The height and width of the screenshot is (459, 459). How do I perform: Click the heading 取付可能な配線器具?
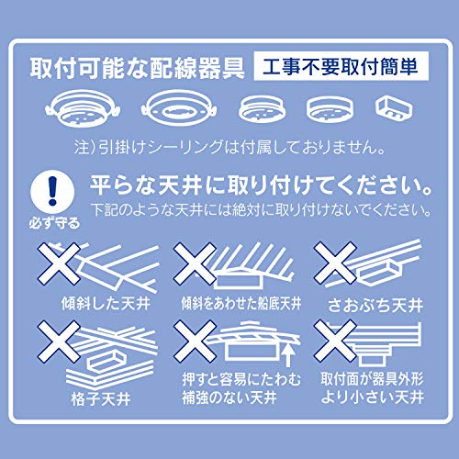coord(137,68)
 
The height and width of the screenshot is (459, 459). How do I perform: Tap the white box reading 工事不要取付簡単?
coord(341,66)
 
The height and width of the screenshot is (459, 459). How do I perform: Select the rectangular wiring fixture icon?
coord(394,109)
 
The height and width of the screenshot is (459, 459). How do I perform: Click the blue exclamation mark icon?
coord(52,192)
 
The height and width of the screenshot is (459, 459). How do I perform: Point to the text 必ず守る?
coord(54,223)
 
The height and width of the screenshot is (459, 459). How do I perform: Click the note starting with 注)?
coord(229,148)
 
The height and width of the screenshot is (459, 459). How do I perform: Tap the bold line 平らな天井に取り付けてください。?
coord(261,185)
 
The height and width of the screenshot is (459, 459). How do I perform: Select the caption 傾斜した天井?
coord(106,304)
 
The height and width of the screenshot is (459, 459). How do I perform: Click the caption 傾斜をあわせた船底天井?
coord(241,304)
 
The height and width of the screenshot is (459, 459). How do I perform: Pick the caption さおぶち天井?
coord(375,305)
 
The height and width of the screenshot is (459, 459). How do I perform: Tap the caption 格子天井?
coord(101,399)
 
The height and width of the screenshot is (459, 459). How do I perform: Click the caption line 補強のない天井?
coord(229,397)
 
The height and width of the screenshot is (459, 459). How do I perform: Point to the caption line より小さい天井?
coord(373,397)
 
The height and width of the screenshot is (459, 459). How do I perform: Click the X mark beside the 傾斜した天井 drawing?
coord(59,263)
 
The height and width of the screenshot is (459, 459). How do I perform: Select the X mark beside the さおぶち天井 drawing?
coord(335,263)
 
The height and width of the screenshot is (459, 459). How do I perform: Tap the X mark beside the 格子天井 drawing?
coord(59,341)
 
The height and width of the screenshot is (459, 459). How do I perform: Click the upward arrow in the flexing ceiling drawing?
coord(287,355)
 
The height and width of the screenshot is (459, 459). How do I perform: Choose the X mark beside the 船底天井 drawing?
coord(195,263)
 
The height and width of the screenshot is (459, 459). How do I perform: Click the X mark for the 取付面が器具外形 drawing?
coord(335,341)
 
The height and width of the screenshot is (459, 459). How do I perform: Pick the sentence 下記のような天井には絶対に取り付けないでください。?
coord(261,210)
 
